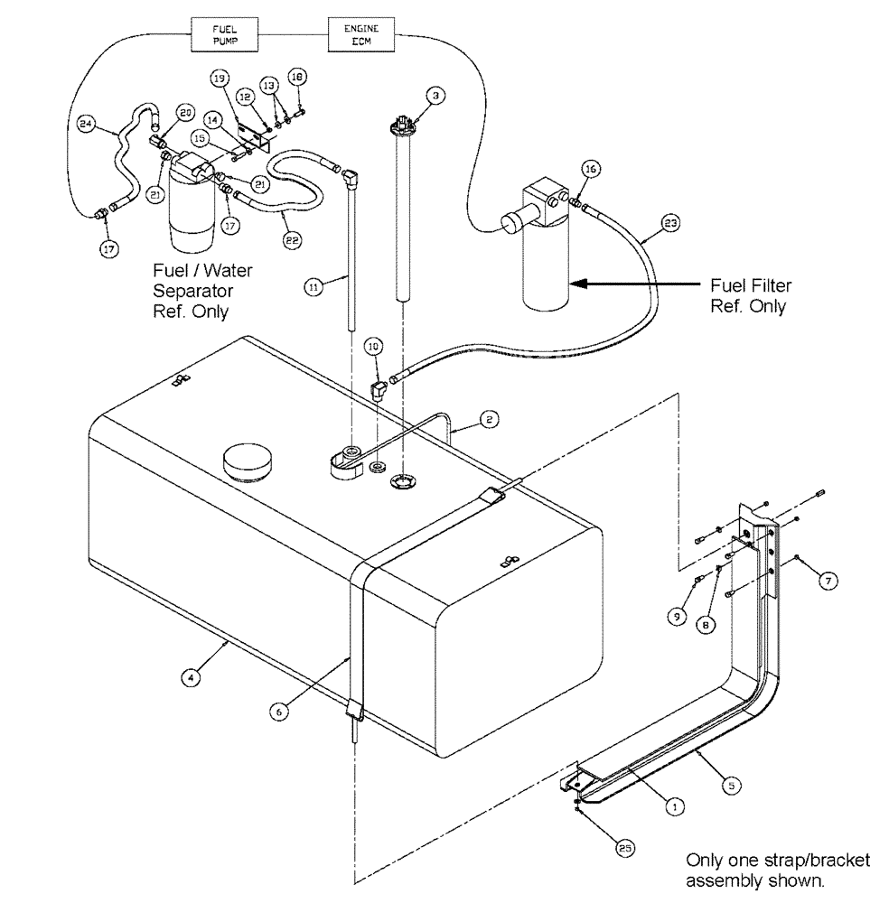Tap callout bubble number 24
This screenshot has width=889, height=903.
tap(87, 126)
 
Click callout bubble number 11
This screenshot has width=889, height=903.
tap(313, 287)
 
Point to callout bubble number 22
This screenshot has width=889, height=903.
tap(291, 239)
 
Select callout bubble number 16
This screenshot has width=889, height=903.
tap(591, 168)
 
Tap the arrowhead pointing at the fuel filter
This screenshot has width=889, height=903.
tap(575, 284)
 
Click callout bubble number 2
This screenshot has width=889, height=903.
tap(487, 419)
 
